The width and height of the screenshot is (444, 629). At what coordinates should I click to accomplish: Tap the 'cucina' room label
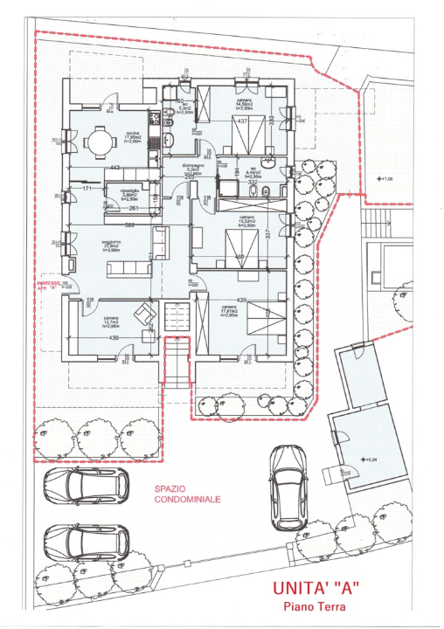click(134, 132)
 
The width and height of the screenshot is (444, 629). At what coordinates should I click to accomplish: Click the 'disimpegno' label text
click(192, 165)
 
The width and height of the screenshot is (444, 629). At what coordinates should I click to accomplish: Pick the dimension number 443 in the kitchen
click(114, 168)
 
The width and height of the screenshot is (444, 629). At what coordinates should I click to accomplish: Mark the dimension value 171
click(87, 188)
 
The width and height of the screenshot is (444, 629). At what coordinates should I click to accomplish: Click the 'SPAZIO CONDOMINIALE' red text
click(187, 495)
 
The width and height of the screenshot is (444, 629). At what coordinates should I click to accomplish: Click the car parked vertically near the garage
click(288, 487)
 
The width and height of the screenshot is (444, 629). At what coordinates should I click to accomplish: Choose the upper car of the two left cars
click(81, 485)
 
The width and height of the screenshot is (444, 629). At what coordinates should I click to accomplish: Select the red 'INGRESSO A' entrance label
click(49, 285)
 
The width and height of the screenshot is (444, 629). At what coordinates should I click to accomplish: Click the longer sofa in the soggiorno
click(128, 267)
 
